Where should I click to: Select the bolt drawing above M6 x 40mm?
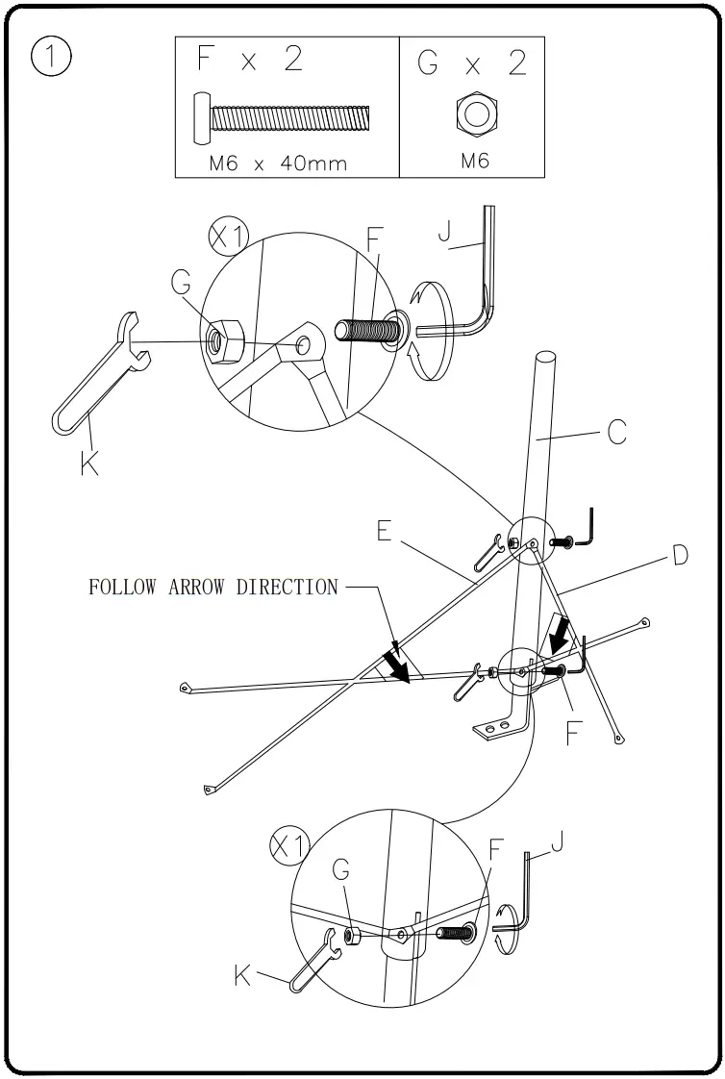point(285,118)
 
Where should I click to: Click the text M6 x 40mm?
point(278,163)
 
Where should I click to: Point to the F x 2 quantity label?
point(249,60)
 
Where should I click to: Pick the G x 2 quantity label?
point(471,63)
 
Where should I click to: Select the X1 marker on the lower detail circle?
point(287,846)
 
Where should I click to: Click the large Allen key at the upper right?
point(473,289)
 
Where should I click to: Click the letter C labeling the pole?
point(617,434)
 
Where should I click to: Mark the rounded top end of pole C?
point(544,362)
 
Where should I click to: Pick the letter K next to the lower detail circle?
point(244,977)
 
